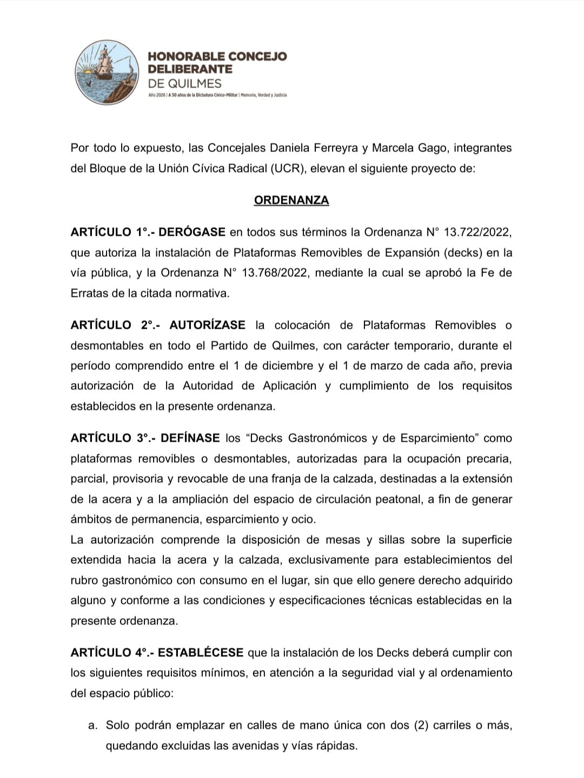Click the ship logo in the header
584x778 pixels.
click(107, 72)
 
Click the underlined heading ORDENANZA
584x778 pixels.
click(291, 200)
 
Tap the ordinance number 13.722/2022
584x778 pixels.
click(477, 232)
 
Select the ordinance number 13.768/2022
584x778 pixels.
click(276, 273)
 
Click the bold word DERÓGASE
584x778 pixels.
click(192, 232)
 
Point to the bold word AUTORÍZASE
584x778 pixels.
click(207, 325)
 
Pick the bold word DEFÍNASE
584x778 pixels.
click(190, 438)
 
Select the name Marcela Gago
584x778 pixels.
click(404, 148)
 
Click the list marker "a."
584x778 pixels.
click(93, 726)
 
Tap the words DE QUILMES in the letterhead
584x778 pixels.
click(184, 83)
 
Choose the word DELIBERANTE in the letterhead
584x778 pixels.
click(190, 69)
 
